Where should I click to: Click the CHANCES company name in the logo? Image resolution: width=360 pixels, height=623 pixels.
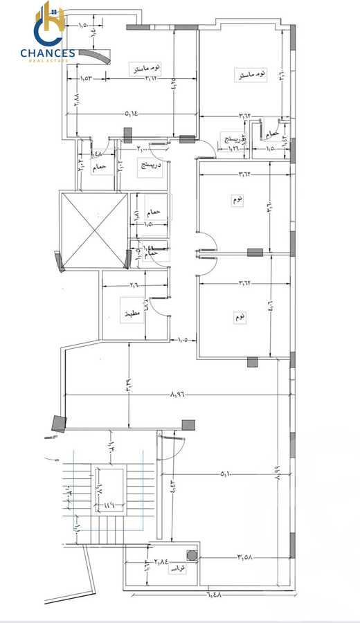[x=48, y=53]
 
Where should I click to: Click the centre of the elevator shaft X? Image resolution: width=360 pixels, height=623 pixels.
[x=93, y=230]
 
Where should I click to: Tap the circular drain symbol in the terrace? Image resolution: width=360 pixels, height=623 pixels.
[x=190, y=554]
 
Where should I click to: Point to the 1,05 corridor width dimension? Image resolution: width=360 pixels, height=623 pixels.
[x=183, y=339]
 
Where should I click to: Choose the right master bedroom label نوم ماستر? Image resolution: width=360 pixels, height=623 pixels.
[x=251, y=73]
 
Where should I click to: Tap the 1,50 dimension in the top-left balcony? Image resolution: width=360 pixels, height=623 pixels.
[x=83, y=26]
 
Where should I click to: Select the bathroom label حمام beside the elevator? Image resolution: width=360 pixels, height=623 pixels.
[x=154, y=212]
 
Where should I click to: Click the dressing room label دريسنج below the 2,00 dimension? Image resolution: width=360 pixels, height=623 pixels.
[x=150, y=166]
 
